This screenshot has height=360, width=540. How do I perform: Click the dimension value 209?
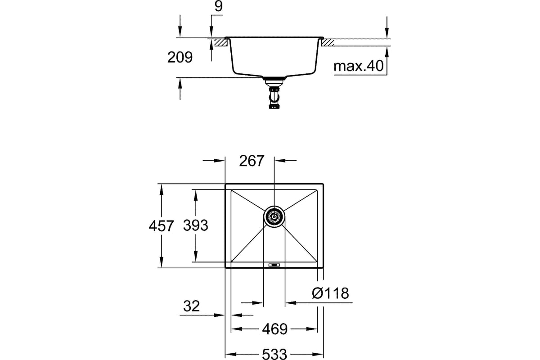point(180,58)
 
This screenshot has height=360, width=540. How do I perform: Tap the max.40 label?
point(358,67)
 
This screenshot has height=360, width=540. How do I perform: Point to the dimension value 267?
point(251,161)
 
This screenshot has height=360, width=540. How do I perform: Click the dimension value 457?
point(161,226)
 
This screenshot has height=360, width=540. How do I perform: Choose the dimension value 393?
point(195,225)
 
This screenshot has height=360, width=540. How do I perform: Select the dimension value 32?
point(191,306)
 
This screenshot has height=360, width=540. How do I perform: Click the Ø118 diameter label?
point(330,294)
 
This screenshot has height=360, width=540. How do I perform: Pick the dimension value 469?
point(274,329)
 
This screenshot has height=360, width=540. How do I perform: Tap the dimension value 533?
point(274,354)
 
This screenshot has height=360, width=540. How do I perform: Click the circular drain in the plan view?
point(274,217)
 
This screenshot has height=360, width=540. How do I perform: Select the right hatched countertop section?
point(327,43)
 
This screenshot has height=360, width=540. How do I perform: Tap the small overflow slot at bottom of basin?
point(274,265)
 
